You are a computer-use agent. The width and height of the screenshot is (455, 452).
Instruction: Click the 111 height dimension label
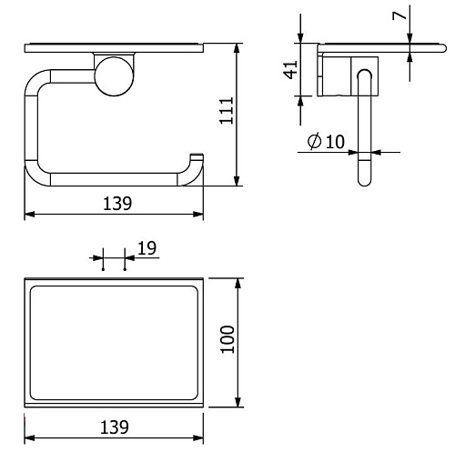point(227,110)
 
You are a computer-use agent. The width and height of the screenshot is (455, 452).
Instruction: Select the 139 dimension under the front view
point(117,204)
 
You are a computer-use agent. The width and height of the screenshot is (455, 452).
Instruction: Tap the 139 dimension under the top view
point(115,427)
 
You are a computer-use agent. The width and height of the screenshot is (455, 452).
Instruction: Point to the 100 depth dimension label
point(227,339)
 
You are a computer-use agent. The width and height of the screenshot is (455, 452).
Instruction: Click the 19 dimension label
point(147,248)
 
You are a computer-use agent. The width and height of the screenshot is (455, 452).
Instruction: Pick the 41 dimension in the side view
point(290,70)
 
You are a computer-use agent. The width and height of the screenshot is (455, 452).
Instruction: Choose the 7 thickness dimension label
point(399,15)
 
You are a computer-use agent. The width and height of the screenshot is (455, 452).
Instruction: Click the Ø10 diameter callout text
point(326,141)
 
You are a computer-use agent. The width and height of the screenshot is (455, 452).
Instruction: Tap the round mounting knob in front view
point(114,76)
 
